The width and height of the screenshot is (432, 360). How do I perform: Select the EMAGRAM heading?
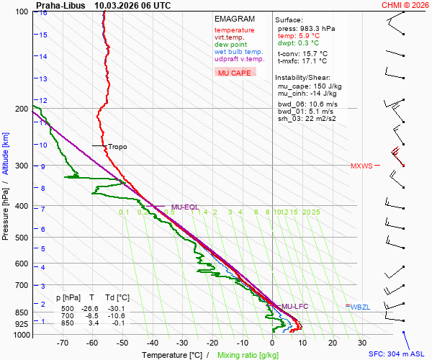235,19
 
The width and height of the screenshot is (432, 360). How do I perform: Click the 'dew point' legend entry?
230,45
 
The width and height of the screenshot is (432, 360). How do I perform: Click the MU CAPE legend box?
235,73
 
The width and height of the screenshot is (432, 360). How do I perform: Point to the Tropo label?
117,147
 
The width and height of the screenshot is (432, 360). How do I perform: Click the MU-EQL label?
184,207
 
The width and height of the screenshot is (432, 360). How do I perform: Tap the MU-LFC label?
294,307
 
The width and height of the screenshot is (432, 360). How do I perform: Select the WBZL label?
360,307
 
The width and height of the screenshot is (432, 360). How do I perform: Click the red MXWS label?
361,166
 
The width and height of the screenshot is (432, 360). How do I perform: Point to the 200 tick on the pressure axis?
21,109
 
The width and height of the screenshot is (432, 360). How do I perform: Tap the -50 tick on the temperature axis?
122,343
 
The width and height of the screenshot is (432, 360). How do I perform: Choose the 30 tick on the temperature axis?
362,343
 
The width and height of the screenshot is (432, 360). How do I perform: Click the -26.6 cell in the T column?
91,307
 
